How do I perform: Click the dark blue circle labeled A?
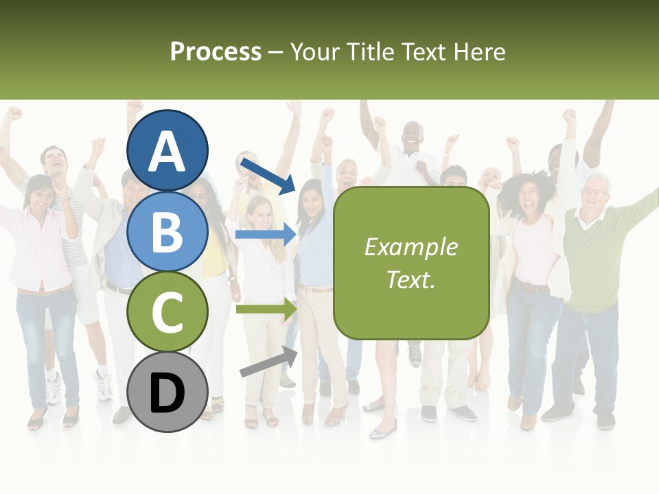click(x=167, y=150)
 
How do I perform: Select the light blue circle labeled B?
click(x=167, y=231)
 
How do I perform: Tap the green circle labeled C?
click(x=167, y=311)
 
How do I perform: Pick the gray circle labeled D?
click(x=167, y=392)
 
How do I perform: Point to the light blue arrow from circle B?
click(x=265, y=235)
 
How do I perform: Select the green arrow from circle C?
click(x=265, y=309)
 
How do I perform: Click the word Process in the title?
click(x=216, y=52)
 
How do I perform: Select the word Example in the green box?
click(x=411, y=248)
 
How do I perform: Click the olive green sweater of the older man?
click(x=590, y=261)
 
